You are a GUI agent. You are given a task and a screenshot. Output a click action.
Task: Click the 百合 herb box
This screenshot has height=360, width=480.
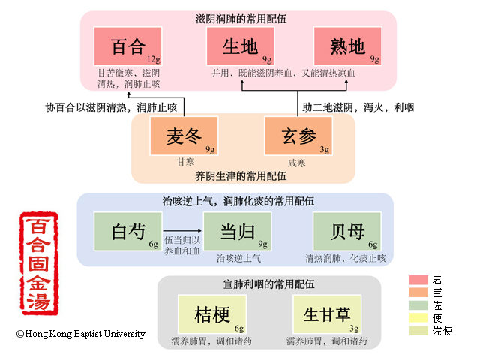pyautogui.click(x=127, y=46)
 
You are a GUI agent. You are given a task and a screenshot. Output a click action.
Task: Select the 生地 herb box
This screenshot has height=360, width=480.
pyautogui.click(x=241, y=46)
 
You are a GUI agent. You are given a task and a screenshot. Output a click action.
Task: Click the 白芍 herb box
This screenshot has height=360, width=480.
pyautogui.click(x=127, y=231)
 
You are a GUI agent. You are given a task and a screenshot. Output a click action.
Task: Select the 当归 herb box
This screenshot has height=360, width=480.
pyautogui.click(x=235, y=231)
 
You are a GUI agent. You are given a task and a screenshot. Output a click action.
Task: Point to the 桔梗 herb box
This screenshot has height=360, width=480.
pyautogui.click(x=212, y=313)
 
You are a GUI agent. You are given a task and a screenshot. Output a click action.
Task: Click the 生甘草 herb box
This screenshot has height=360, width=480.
pyautogui.click(x=328, y=313)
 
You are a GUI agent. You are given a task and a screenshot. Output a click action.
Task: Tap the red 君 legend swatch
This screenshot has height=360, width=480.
pyautogui.click(x=418, y=280)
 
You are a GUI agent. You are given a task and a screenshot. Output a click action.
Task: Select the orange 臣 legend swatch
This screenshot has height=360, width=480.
pyautogui.click(x=418, y=292)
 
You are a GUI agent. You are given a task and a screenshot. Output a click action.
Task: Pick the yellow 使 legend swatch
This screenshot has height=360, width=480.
pyautogui.click(x=418, y=318)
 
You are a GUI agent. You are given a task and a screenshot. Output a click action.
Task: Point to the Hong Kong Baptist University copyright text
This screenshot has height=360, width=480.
pyautogui.click(x=81, y=334)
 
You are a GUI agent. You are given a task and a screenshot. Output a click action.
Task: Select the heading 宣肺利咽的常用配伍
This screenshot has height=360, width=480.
pyautogui.click(x=268, y=284)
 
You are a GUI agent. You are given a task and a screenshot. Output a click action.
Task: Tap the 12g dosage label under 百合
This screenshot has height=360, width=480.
pyautogui.click(x=154, y=58)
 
